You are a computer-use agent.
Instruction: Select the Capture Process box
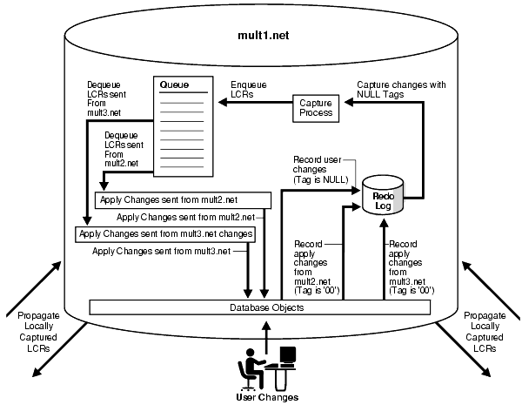(x=316, y=108)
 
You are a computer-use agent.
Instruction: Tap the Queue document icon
(x=184, y=123)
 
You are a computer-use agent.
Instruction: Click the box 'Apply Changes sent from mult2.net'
(x=181, y=199)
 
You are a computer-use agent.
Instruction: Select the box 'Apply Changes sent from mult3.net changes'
(x=166, y=233)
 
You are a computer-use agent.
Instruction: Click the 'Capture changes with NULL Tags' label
(x=401, y=90)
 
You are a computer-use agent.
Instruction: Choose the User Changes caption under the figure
(x=267, y=397)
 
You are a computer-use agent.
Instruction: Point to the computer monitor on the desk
(x=286, y=354)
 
